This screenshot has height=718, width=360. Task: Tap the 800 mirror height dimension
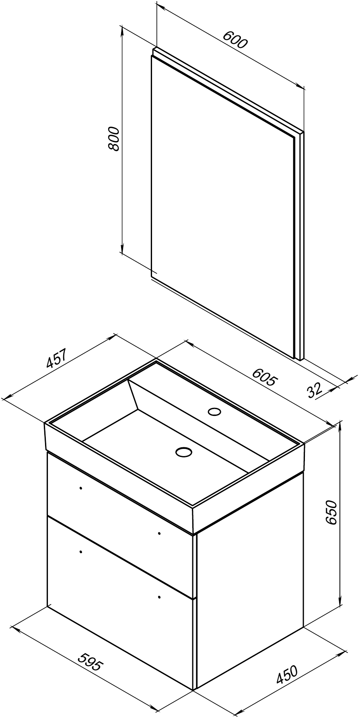click(113, 139)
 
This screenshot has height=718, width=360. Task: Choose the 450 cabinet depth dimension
click(287, 675)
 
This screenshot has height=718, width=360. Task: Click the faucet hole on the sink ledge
click(214, 411)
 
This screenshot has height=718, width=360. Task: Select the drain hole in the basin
click(184, 451)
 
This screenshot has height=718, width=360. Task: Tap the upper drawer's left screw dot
click(81, 488)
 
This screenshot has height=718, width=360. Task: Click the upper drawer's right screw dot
click(160, 533)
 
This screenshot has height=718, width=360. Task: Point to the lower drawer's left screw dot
click(81, 551)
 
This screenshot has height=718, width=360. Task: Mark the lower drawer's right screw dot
click(160, 597)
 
